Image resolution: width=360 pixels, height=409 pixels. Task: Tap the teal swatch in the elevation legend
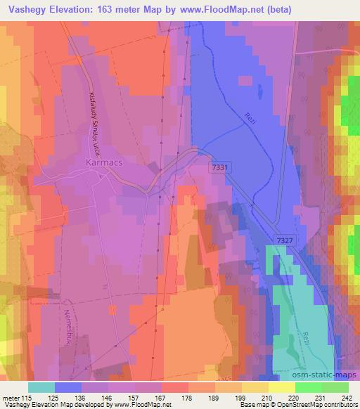(41, 387)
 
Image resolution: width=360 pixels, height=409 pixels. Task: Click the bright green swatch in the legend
(309, 387)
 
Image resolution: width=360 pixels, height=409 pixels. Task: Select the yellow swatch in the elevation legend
(282, 387)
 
